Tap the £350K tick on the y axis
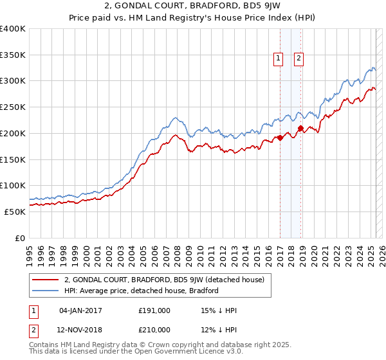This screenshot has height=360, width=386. tap(13, 55)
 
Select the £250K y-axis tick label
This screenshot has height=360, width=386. tap(13, 107)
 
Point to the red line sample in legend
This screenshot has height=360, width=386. tap(46, 280)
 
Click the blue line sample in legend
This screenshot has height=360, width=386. tap(46, 291)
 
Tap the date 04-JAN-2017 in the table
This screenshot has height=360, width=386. tap(80, 310)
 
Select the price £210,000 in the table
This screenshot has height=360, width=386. tap(154, 329)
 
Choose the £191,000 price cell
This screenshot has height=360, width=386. tap(154, 310)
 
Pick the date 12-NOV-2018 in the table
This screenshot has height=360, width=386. tap(81, 329)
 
